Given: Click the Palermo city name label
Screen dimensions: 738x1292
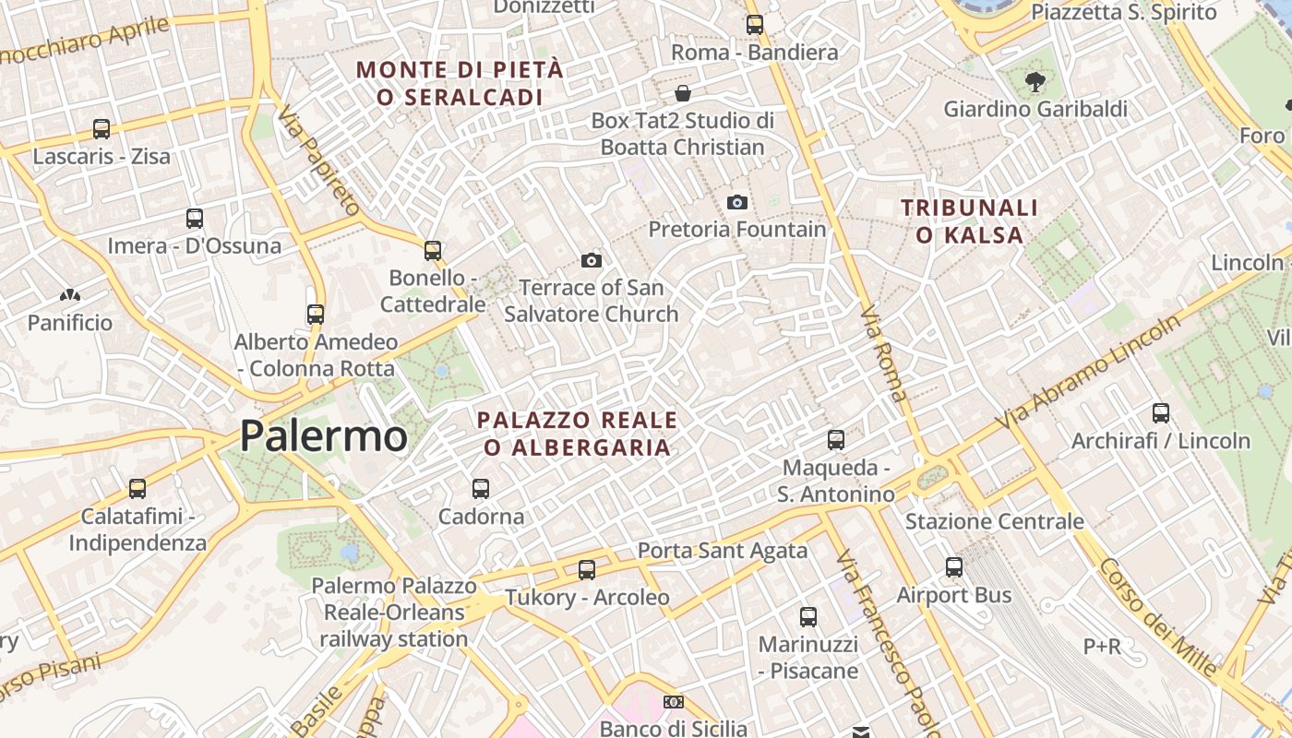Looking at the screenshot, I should (x=323, y=436).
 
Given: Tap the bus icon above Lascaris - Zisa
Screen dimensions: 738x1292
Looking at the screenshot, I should (x=102, y=129).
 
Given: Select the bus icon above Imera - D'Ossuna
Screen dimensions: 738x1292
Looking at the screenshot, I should (x=194, y=219).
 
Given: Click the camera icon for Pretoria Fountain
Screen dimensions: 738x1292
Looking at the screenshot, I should (x=736, y=202).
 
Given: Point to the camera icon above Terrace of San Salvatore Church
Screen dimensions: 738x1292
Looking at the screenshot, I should (x=592, y=260).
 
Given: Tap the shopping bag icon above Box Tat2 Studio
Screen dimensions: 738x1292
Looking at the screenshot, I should (x=683, y=93).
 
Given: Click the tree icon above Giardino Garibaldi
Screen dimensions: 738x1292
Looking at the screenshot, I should (x=1035, y=81).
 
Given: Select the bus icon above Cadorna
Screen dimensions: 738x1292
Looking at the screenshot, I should (x=480, y=489).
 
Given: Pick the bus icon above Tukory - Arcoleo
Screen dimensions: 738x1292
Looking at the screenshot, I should (x=587, y=570).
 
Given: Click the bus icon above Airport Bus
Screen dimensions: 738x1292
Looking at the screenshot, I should (x=954, y=567).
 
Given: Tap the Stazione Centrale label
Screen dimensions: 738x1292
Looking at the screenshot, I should (x=994, y=521).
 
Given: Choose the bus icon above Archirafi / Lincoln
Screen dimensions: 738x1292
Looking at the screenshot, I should (x=1160, y=413).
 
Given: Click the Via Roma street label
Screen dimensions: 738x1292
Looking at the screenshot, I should (x=883, y=354).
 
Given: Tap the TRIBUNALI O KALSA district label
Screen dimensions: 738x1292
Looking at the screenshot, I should (x=969, y=221).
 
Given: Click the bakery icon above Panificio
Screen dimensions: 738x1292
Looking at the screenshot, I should (x=69, y=296).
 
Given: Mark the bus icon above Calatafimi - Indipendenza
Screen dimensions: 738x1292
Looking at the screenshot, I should (x=137, y=488).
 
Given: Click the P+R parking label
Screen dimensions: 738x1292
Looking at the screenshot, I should (x=1102, y=647).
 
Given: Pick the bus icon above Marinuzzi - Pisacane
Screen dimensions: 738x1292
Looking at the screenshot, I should (x=808, y=616).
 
